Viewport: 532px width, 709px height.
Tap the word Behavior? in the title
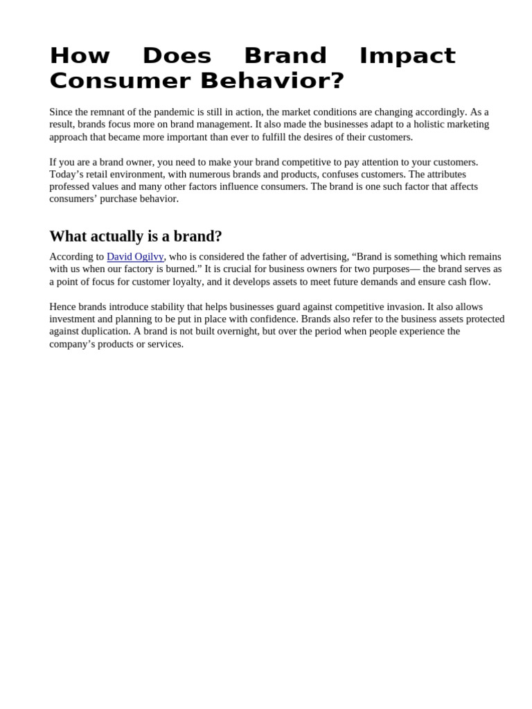[272, 81]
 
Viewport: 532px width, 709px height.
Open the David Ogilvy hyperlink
[135, 257]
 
